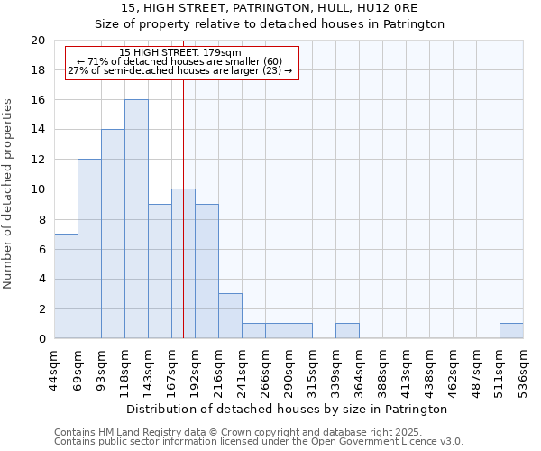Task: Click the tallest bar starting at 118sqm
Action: coord(136,219)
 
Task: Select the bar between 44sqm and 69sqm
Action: coord(66,286)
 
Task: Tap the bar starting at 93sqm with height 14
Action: coord(113,234)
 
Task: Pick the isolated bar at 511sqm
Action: coord(511,331)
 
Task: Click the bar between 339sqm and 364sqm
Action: coord(347,331)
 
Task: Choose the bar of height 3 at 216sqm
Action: coord(230,316)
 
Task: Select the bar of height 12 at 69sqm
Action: coord(89,249)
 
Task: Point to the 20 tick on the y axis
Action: coord(38,41)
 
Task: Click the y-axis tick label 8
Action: coord(41,219)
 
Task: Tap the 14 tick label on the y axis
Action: coord(38,130)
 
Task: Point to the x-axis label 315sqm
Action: coord(312,371)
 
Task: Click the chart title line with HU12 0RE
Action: coord(270,8)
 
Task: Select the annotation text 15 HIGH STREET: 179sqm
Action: coord(180,53)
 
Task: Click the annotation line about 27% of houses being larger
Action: coord(180,70)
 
